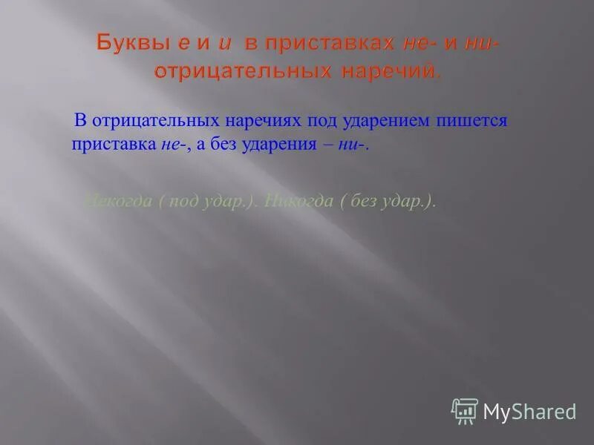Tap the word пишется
click(x=459, y=120)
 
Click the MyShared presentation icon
click(x=464, y=410)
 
